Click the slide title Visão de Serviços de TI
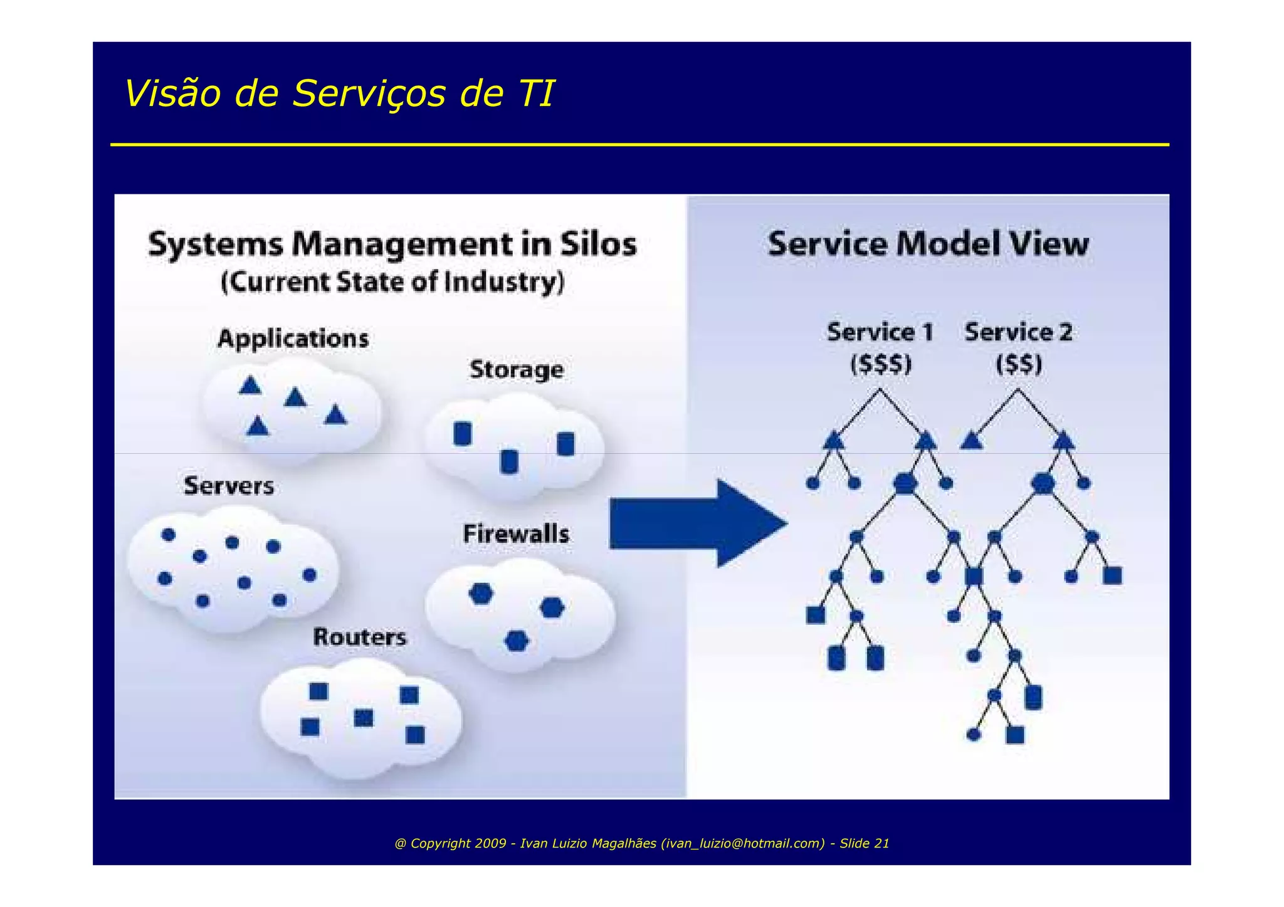pyautogui.click(x=339, y=94)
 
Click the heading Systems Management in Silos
pyautogui.click(x=392, y=244)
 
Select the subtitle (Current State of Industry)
pyautogui.click(x=392, y=282)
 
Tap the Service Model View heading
pyautogui.click(x=928, y=244)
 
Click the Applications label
pyautogui.click(x=293, y=339)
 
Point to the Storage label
pyautogui.click(x=516, y=370)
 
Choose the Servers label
pyautogui.click(x=229, y=486)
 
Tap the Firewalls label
pyautogui.click(x=516, y=534)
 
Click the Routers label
pyautogui.click(x=359, y=637)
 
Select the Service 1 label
pyautogui.click(x=880, y=332)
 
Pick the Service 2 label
pyautogui.click(x=1018, y=332)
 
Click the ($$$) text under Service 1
pyautogui.click(x=880, y=364)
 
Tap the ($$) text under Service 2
pyautogui.click(x=1019, y=364)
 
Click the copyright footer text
pyautogui.click(x=641, y=843)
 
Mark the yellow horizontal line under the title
pyautogui.click(x=639, y=145)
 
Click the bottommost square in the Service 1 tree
pyautogui.click(x=1014, y=735)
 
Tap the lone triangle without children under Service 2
pyautogui.click(x=971, y=442)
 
